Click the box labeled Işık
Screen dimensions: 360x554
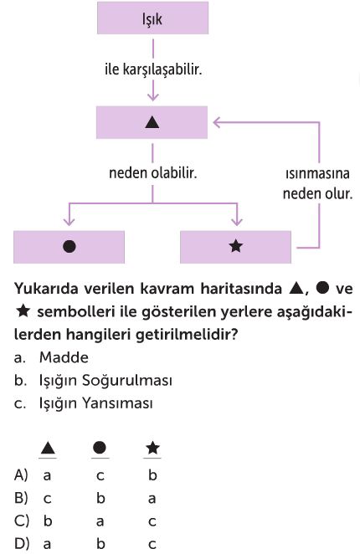[152, 18]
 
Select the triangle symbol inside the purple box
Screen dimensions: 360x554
[152, 123]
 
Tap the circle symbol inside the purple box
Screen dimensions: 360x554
[69, 246]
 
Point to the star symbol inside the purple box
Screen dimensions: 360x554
[235, 246]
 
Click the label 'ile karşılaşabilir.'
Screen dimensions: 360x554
[153, 69]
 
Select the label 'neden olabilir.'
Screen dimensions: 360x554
[152, 173]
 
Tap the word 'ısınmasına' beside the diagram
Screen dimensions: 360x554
[317, 173]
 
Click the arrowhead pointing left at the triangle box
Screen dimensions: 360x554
[217, 122]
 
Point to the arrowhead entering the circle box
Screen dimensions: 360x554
[69, 221]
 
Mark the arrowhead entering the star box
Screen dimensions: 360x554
[237, 221]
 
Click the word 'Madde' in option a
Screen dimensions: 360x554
[64, 357]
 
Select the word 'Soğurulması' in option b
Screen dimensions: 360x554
[127, 381]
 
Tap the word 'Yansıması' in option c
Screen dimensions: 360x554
[117, 403]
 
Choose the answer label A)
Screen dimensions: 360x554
[21, 474]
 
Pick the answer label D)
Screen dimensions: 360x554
[22, 543]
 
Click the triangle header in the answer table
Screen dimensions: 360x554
[48, 449]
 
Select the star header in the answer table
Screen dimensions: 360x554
[152, 448]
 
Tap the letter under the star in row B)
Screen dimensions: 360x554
[152, 499]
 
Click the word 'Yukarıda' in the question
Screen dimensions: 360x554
[46, 289]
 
